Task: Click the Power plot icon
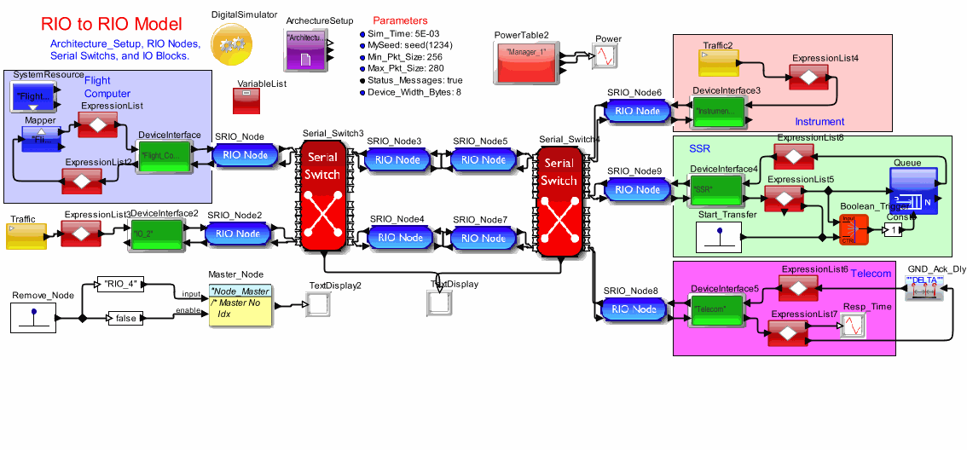(x=606, y=57)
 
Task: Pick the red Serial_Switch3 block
(x=322, y=196)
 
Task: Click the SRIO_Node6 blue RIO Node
(x=637, y=111)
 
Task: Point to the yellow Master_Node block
(x=240, y=305)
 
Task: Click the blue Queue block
(x=913, y=190)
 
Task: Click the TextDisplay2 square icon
(x=317, y=304)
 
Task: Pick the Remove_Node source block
(x=35, y=318)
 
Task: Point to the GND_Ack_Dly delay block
(x=925, y=290)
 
